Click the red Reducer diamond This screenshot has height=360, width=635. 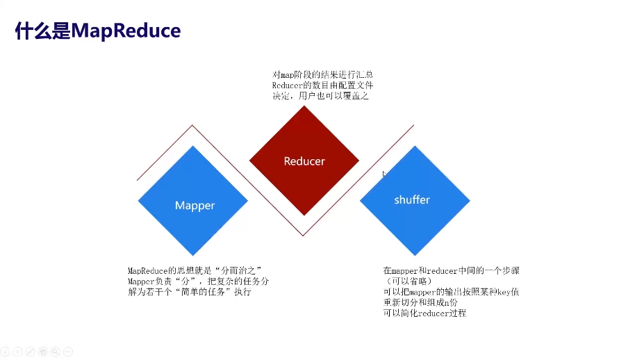[304, 161]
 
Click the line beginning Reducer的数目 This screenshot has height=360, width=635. [322, 85]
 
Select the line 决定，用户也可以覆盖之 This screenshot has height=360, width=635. [320, 97]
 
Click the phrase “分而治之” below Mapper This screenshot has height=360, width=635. [234, 270]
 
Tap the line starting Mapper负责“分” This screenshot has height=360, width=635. [198, 281]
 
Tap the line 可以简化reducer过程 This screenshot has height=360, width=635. [424, 313]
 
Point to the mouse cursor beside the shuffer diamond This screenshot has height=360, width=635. [384, 173]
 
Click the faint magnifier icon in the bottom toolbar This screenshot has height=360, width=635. [55, 352]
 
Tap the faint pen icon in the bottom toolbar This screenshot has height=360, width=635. [30, 352]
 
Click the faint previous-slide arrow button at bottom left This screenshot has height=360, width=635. [5, 352]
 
